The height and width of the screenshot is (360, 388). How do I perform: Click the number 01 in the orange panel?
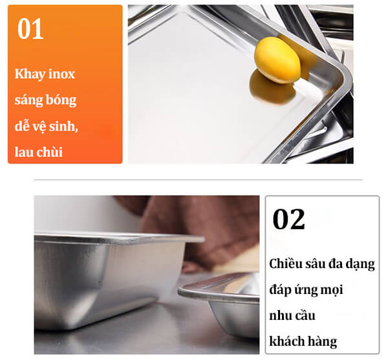30,28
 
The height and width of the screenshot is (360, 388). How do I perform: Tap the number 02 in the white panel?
288,219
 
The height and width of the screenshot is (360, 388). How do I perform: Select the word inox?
62,74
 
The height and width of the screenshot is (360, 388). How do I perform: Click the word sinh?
63,126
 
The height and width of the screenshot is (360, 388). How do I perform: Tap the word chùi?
50,152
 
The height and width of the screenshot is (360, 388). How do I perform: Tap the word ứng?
306,290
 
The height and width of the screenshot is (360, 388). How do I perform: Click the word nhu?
279,316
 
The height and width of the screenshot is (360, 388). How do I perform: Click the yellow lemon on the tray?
277,60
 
